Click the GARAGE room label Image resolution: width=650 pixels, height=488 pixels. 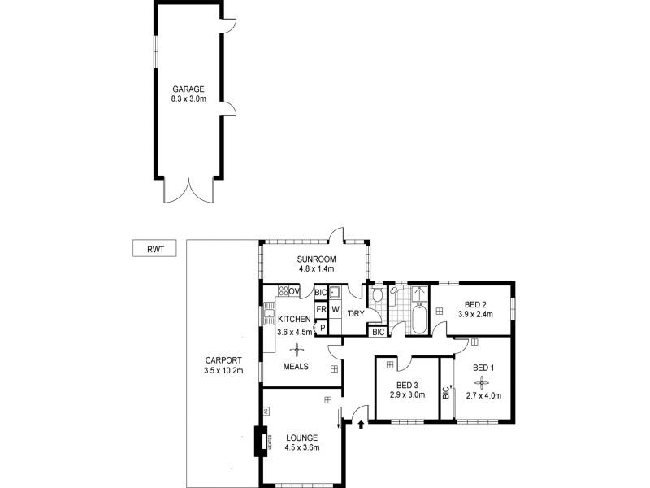[x=188, y=89]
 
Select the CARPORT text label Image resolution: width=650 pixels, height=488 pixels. [x=223, y=359]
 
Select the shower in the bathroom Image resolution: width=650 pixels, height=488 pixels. [x=420, y=294]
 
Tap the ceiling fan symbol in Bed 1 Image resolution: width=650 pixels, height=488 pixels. [x=483, y=382]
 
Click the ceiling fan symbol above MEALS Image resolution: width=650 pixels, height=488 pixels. [x=297, y=349]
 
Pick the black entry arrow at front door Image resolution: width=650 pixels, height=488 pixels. [x=361, y=424]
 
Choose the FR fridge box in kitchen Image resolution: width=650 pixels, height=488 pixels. [x=321, y=310]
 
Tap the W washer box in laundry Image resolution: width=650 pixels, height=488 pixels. [x=335, y=310]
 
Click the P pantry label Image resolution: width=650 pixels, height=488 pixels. [x=322, y=328]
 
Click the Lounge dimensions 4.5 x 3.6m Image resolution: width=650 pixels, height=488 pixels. [x=302, y=447]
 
